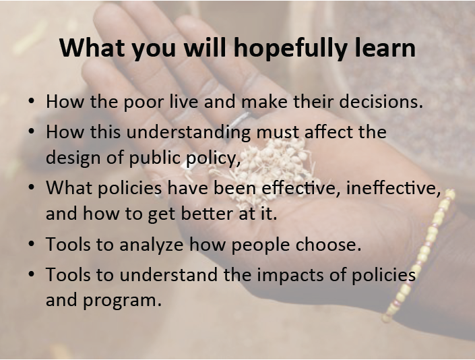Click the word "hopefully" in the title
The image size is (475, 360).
tap(290, 49)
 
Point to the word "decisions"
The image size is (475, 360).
tap(381, 101)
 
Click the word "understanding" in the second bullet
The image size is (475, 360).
tap(189, 133)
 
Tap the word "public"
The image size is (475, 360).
tap(156, 158)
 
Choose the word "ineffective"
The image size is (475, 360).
tap(393, 188)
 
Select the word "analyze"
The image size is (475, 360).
tap(152, 245)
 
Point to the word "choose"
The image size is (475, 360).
tap(328, 244)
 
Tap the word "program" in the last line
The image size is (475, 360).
tap(123, 301)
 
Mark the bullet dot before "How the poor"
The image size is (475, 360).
tap(31, 101)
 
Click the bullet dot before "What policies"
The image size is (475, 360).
tap(31, 187)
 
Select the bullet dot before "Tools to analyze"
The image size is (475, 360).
tap(31, 244)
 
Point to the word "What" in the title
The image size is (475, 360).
tap(92, 48)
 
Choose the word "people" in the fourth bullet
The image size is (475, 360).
tap(261, 245)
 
